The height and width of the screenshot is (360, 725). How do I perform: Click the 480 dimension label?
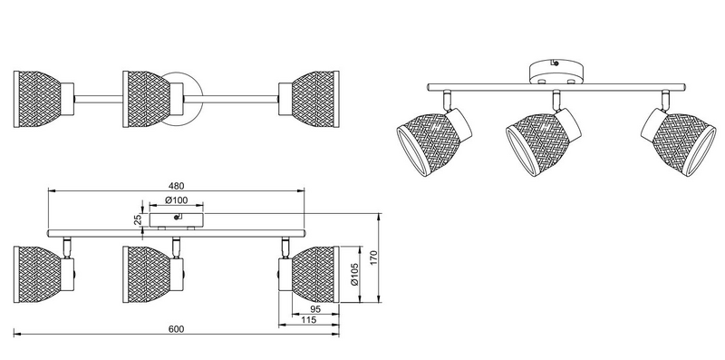tap(176, 186)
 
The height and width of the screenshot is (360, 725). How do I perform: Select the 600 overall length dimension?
tap(176, 329)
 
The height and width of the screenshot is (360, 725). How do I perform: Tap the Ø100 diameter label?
tap(176, 200)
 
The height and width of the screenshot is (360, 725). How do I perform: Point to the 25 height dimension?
tap(139, 219)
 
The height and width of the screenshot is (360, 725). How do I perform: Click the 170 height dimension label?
tap(374, 258)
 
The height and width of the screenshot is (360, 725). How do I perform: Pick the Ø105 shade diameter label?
tap(354, 275)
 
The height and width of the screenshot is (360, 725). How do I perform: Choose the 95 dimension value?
tap(315, 309)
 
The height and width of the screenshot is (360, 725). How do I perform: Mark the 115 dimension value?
tap(308, 320)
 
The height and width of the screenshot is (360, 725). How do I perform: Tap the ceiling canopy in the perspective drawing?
tap(556, 73)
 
